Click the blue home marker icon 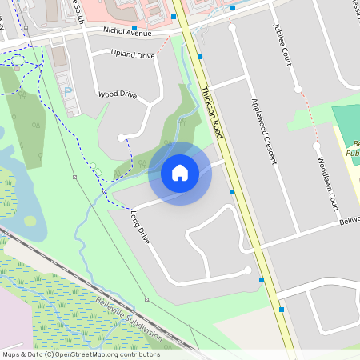(180, 172)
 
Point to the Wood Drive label (117, 94)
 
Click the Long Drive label (140, 226)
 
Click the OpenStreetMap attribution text (81, 354)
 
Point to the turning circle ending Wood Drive (122, 138)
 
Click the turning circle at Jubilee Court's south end (298, 90)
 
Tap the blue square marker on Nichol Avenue (134, 28)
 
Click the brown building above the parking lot (58, 55)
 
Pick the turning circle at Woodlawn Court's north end (316, 146)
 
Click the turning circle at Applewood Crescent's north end (232, 27)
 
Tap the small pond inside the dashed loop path (30, 221)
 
